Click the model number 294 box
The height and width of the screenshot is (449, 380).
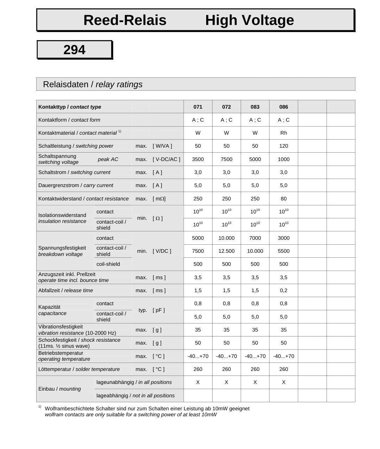(74, 50)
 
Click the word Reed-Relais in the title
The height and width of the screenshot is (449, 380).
(125, 20)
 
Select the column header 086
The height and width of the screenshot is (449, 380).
(284, 107)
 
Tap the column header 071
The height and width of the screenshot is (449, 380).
(198, 107)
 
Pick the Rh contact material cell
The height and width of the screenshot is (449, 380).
(284, 133)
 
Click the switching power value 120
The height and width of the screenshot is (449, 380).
(284, 146)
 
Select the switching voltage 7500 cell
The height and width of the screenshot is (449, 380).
(226, 159)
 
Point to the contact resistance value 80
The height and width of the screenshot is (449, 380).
(284, 199)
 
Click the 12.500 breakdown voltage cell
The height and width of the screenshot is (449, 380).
(226, 251)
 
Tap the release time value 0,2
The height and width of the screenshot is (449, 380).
(284, 290)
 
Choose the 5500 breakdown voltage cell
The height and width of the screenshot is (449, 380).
(284, 251)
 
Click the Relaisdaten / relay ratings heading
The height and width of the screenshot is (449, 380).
(93, 84)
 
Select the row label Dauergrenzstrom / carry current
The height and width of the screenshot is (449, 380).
(76, 185)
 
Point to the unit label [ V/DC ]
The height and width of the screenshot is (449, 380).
(162, 251)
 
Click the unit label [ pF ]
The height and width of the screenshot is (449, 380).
(159, 310)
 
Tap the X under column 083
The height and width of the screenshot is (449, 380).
(255, 382)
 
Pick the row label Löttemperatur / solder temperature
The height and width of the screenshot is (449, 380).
(79, 369)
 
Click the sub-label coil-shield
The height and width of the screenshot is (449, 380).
(108, 264)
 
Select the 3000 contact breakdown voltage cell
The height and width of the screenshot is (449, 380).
(284, 238)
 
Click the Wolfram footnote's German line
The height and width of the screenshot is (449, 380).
(147, 409)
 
